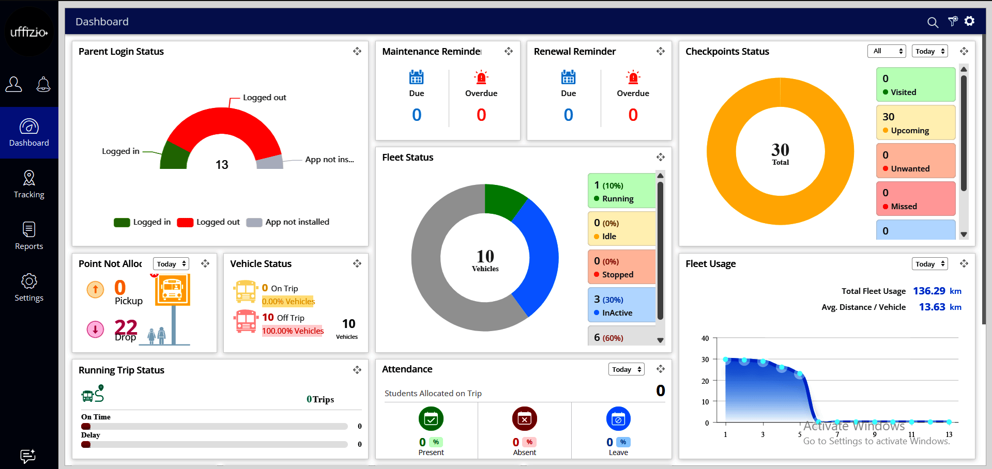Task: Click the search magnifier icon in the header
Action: [x=933, y=22]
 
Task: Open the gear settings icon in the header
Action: [x=969, y=21]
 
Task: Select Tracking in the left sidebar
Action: [x=29, y=184]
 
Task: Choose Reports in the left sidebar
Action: [x=29, y=236]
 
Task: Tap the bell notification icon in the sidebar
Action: [x=43, y=84]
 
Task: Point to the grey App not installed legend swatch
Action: [x=254, y=222]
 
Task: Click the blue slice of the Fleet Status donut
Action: [x=538, y=256]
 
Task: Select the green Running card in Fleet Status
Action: [x=622, y=191]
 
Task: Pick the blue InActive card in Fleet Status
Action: [x=622, y=305]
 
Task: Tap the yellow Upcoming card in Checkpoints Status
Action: [x=915, y=123]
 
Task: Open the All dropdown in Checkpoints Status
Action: [x=886, y=51]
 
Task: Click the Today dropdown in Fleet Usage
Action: [x=929, y=264]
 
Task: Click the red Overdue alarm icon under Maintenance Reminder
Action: [x=481, y=77]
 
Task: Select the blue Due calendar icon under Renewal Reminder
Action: [x=568, y=77]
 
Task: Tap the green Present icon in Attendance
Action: [x=431, y=419]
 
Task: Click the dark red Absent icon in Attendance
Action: [x=525, y=419]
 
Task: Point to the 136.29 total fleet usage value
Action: [x=929, y=291]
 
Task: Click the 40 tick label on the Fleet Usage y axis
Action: [x=705, y=338]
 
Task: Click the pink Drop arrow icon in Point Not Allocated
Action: [x=95, y=329]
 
